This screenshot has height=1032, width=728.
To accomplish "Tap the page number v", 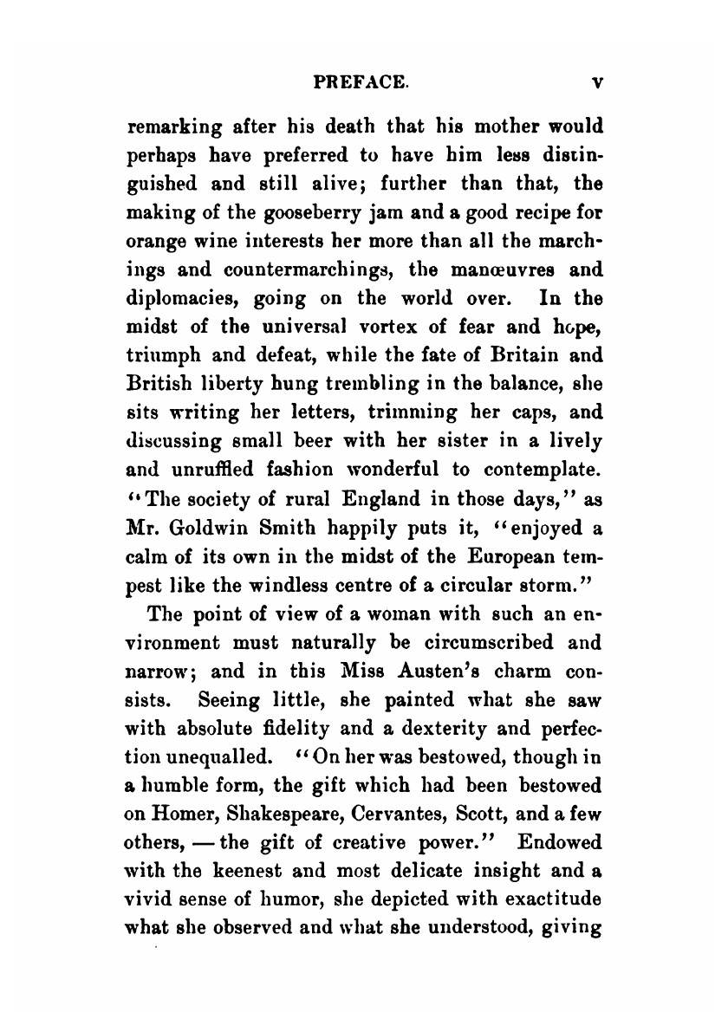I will (x=597, y=83).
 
